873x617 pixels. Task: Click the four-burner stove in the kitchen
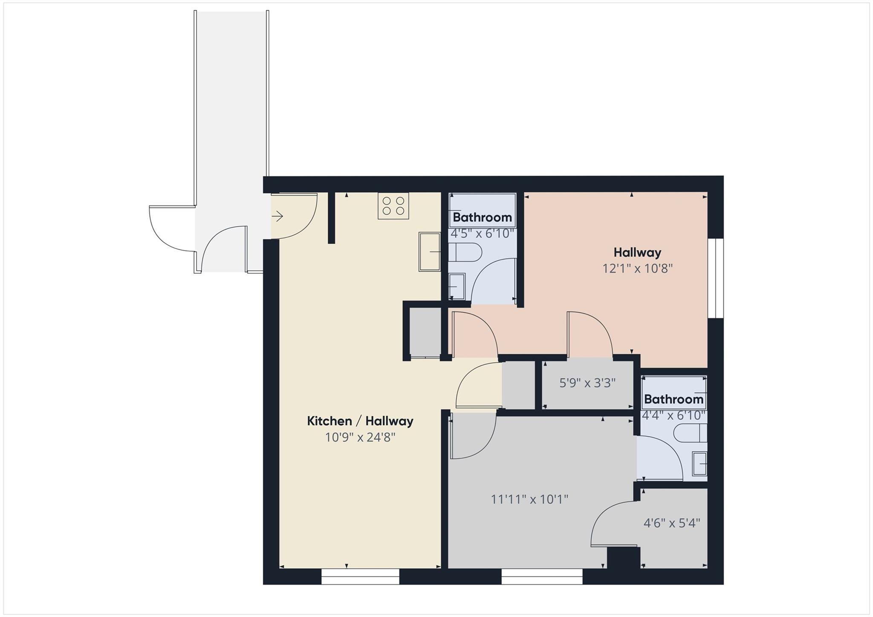point(393,206)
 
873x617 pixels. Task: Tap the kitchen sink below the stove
point(429,252)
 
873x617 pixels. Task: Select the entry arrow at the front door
point(278,216)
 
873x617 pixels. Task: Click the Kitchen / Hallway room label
point(360,421)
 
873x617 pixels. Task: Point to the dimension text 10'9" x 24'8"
point(360,438)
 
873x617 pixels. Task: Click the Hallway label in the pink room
point(637,252)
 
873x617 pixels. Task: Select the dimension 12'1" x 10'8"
point(637,269)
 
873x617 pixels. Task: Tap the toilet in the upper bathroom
point(465,252)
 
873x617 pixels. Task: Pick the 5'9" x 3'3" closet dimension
point(587,383)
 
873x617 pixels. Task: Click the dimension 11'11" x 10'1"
point(529,499)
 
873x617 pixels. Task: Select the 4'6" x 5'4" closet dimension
point(672,523)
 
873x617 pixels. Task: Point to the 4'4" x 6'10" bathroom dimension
point(674,415)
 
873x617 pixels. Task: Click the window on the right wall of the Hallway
point(716,278)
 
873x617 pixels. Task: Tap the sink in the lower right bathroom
point(700,463)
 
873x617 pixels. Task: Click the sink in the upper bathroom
point(457,286)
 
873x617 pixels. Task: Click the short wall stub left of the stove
point(331,217)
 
